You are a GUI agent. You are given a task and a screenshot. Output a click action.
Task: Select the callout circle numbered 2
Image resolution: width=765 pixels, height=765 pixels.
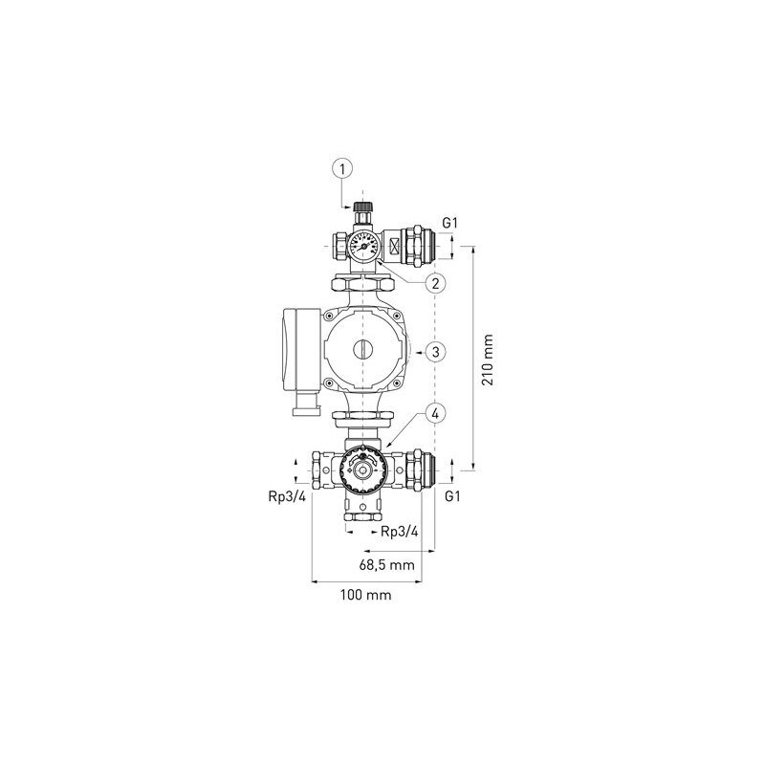[x=434, y=283]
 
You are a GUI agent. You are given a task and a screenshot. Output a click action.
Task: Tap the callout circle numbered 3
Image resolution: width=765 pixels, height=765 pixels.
[x=434, y=352]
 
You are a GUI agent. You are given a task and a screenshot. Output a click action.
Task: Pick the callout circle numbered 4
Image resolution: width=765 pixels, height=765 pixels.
[x=434, y=414]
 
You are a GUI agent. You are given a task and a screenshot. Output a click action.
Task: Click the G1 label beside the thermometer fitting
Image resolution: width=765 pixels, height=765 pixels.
[x=451, y=224]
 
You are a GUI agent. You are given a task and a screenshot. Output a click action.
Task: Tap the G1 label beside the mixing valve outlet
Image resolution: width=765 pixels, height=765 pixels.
[x=453, y=497]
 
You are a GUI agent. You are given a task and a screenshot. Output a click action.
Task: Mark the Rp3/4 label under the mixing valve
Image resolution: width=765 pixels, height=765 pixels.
[x=399, y=531]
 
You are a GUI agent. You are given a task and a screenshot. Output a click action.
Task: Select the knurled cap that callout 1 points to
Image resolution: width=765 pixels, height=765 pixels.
[x=361, y=208]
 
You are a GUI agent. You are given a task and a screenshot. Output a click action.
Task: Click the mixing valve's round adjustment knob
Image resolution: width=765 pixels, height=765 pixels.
[x=361, y=468]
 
